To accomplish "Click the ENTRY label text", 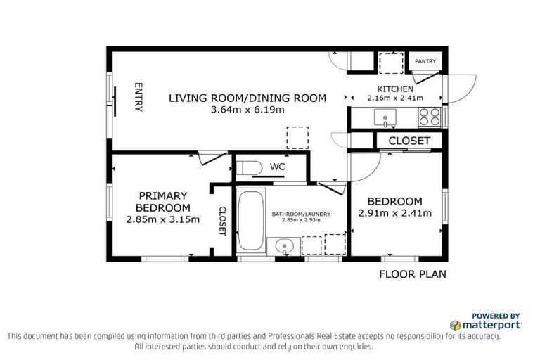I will tap(139, 98).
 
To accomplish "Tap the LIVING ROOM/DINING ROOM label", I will tap(247, 98).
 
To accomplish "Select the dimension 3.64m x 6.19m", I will tap(247, 110).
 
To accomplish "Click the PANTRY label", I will tap(425, 62).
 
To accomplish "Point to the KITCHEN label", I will tap(395, 89).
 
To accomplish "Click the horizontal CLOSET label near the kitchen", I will tap(409, 141).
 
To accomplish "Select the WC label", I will tap(277, 167).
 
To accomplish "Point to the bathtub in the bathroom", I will tap(250, 219).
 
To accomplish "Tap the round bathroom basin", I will tap(284, 246).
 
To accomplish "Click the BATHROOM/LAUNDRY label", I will tap(301, 214).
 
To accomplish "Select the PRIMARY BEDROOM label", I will tap(162, 201).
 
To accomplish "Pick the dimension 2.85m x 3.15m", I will tap(162, 219).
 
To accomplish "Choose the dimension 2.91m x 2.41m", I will tap(394, 213).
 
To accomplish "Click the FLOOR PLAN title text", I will tap(413, 274).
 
